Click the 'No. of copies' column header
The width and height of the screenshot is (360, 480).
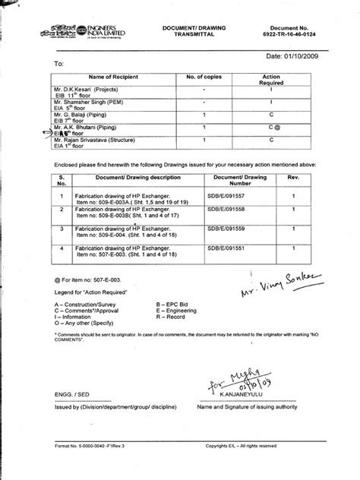coord(204,80)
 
